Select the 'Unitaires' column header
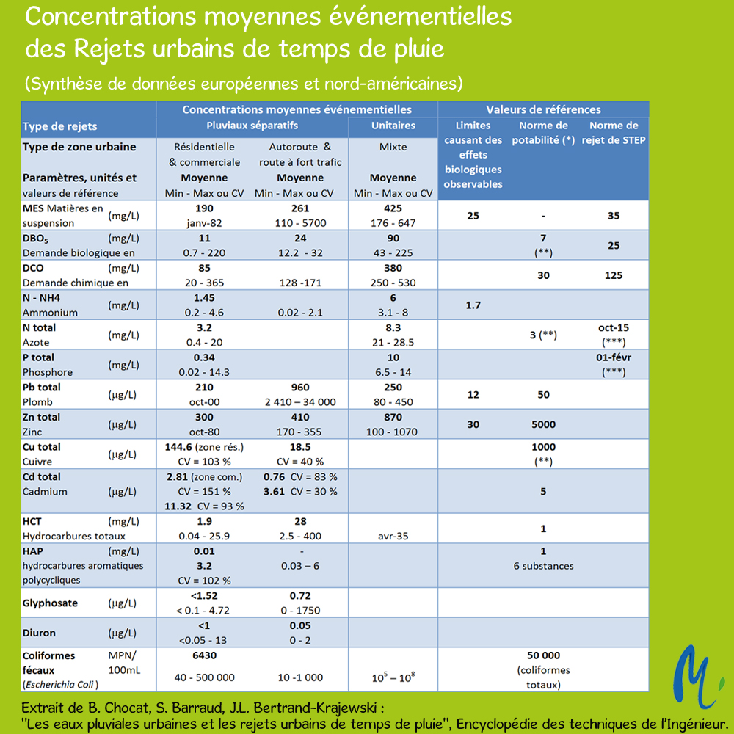[393, 126]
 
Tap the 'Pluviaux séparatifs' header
[252, 126]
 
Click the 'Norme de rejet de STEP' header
[613, 132]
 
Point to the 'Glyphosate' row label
[50, 603]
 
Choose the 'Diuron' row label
[39, 633]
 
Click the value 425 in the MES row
[393, 208]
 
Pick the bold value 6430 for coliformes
[204, 655]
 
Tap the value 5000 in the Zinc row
[543, 424]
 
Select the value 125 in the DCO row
[613, 275]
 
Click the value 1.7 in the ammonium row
[473, 305]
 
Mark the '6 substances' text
[543, 566]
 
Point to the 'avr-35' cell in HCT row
[393, 536]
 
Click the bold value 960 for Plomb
[300, 387]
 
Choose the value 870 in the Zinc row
[393, 417]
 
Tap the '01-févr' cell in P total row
[613, 357]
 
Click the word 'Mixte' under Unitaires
[393, 147]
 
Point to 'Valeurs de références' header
[543, 109]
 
